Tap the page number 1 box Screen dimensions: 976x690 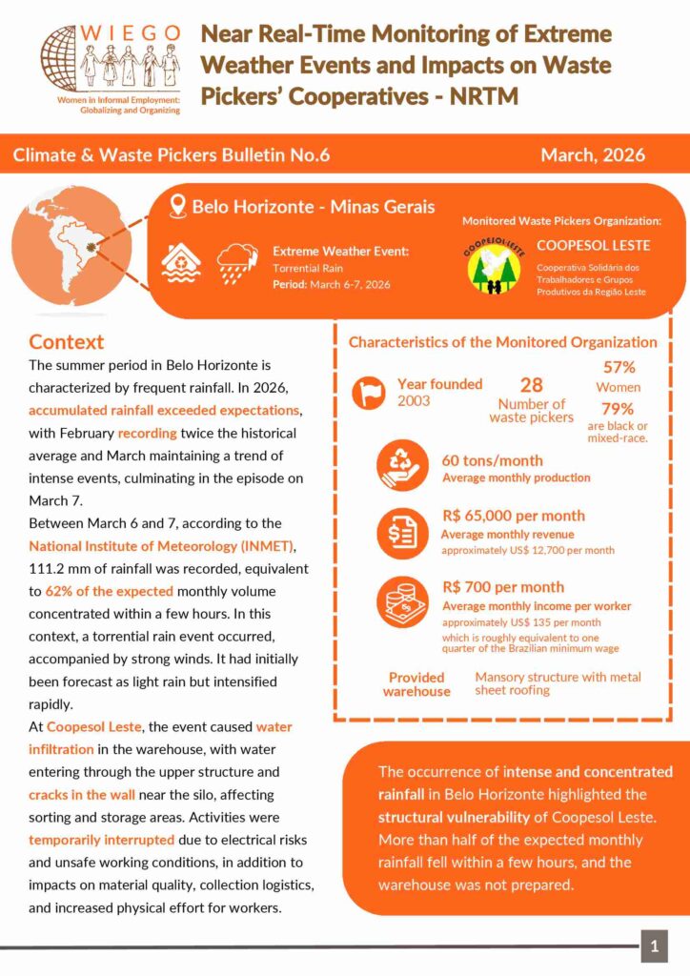pos(654,946)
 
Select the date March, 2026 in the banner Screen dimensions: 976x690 pos(592,154)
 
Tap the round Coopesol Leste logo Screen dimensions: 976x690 pos(495,268)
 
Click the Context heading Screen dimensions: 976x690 pos(66,341)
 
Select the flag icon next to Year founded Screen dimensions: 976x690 pos(370,393)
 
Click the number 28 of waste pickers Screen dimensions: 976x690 pos(531,385)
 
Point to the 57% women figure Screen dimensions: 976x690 pos(619,367)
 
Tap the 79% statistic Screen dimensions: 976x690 pos(618,409)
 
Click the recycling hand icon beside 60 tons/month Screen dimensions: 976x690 pos(402,465)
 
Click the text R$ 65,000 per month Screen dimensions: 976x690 pos(514,516)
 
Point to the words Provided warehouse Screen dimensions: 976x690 pos(416,684)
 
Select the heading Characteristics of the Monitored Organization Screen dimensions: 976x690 pos(502,342)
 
